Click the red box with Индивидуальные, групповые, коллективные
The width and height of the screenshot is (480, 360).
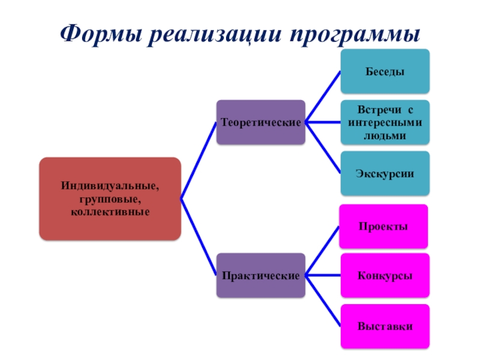pos(110,199)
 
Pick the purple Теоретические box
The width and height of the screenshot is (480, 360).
pos(260,122)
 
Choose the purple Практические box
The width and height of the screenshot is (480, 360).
pos(260,275)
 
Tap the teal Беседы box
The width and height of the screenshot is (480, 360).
pos(385,71)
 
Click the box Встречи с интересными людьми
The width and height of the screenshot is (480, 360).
pos(385,122)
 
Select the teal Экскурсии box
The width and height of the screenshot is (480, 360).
pos(385,173)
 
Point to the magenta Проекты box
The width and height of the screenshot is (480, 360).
pos(383,226)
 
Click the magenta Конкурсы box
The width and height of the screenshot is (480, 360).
pos(385,275)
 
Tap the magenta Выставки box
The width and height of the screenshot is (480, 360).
pos(385,326)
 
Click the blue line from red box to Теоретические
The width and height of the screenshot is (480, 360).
pos(198,161)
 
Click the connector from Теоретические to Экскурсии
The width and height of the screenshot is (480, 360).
pos(323,148)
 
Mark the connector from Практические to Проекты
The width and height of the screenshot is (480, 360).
pos(322,251)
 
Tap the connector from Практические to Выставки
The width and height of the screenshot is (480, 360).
pos(323,301)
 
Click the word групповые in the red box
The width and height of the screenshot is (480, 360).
pos(110,199)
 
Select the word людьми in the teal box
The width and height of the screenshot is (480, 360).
pos(385,136)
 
